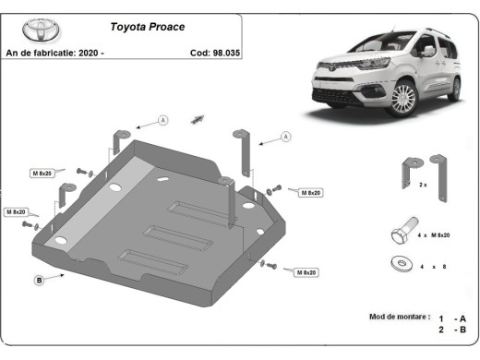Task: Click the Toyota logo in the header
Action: tap(38, 30)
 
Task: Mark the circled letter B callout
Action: tap(40, 279)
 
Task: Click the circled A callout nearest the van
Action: tap(286, 137)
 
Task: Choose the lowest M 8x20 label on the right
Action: tap(306, 272)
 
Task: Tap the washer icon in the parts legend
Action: tap(402, 264)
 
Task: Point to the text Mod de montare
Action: tap(399, 317)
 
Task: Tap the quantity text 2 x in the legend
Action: tap(423, 186)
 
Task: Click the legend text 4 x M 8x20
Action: tap(435, 236)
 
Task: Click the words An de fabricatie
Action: tap(39, 53)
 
